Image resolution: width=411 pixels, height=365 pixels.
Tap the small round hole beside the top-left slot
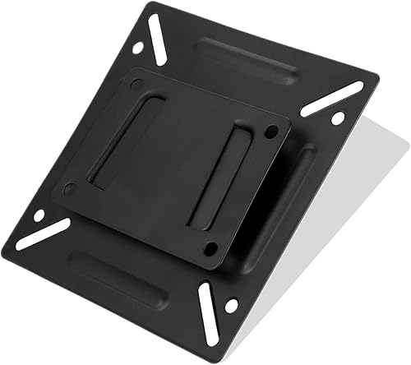(136, 48)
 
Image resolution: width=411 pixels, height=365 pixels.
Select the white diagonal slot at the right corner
(331, 98)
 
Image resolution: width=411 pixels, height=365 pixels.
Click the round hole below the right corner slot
(337, 118)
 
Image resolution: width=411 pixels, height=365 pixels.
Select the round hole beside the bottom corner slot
(231, 306)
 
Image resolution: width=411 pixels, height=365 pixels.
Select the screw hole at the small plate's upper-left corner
(136, 83)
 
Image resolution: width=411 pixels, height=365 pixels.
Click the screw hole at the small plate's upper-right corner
(273, 128)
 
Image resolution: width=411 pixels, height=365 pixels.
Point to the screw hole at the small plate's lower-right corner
(210, 247)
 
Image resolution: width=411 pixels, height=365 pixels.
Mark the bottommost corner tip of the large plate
(215, 355)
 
